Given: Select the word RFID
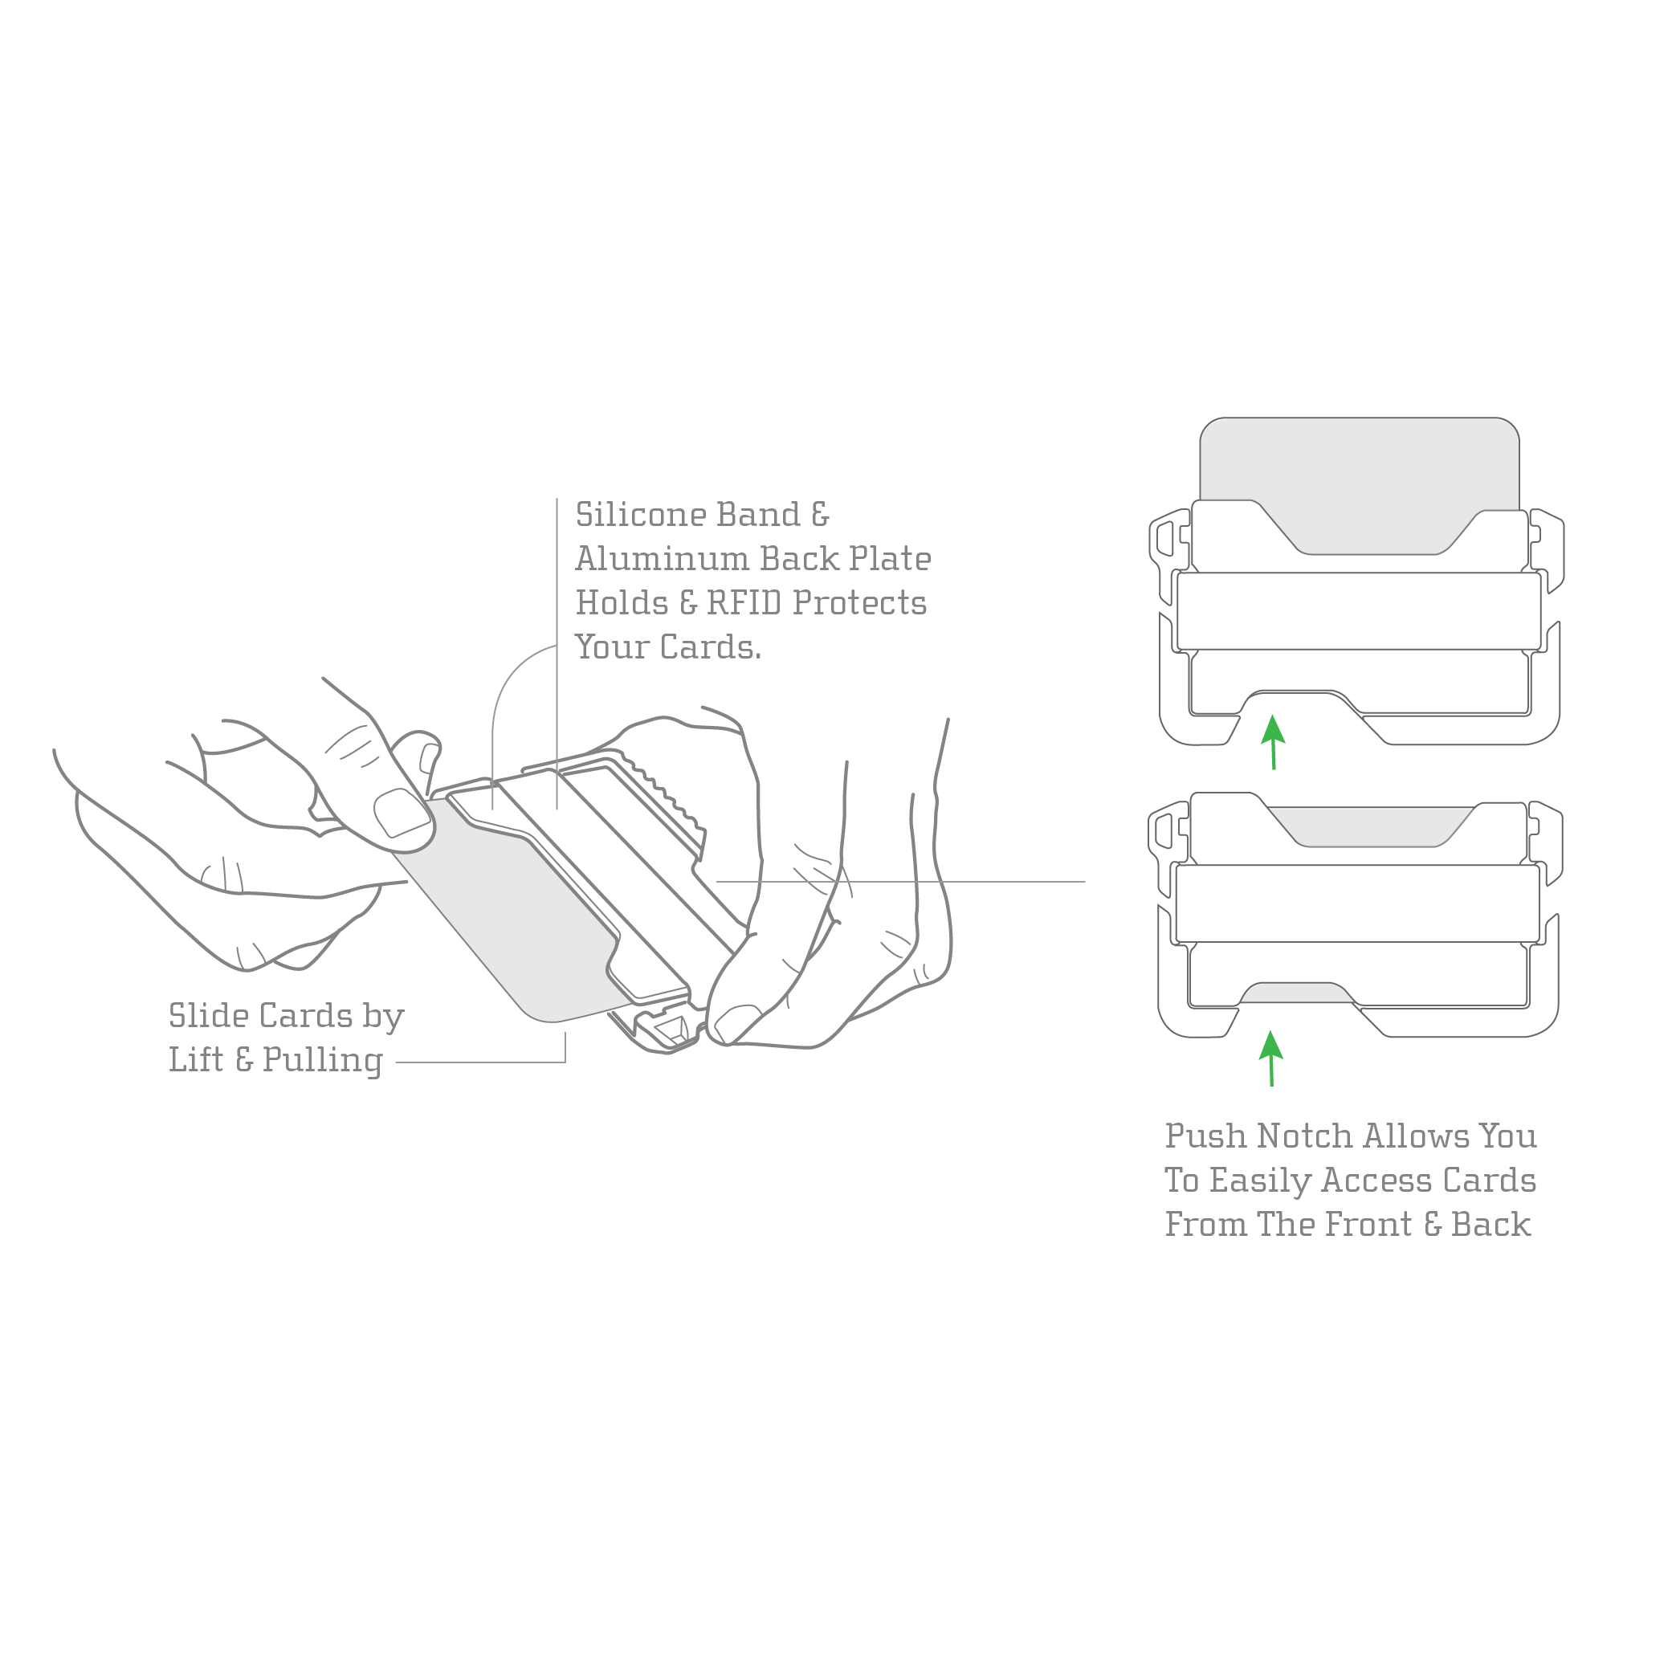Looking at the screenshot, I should [x=744, y=603].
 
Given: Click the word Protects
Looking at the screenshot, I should [x=859, y=603].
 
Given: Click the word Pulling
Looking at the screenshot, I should [x=323, y=1060].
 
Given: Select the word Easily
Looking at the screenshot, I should [x=1259, y=1181].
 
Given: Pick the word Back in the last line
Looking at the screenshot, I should [x=1491, y=1225].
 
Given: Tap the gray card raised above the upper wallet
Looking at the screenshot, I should [x=1359, y=467].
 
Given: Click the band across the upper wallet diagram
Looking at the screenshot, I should [x=1358, y=611].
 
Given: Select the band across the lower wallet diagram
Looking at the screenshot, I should [x=1358, y=903].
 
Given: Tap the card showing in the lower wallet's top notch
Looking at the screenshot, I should [x=1370, y=826].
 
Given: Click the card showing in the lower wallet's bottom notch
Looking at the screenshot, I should [x=1297, y=993].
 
